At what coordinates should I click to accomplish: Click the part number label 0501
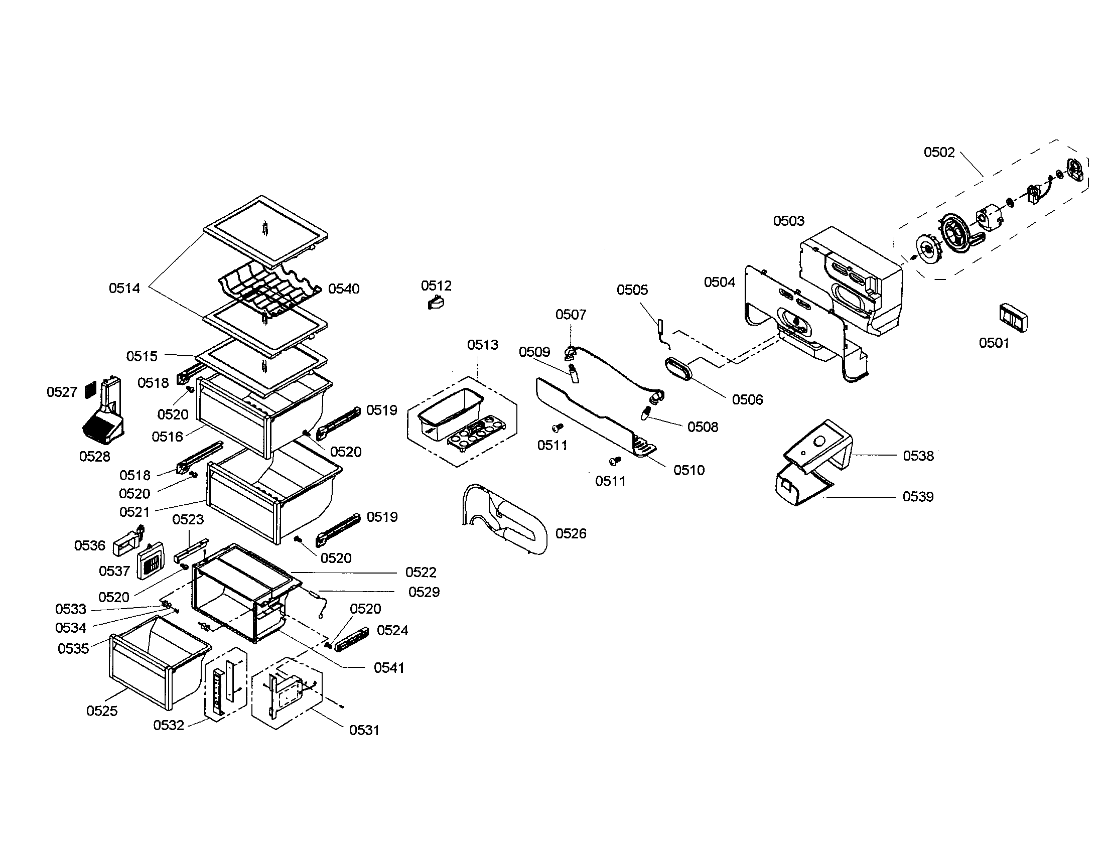coord(993,343)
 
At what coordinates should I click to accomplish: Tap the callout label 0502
coord(939,152)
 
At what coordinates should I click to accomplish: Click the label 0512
coord(436,286)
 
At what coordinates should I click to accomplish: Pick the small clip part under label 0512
coord(435,303)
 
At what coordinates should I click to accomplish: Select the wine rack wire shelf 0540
coord(270,292)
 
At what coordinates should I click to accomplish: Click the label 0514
coord(124,288)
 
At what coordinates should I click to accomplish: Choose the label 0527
coord(62,392)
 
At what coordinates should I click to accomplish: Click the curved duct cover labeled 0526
coord(505,520)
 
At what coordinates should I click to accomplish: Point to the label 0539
coord(917,496)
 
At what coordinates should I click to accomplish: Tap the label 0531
coord(364,730)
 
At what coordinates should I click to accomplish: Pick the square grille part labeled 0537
coord(150,562)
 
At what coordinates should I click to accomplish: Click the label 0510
coord(688,470)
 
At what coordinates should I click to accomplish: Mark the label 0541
coord(389,667)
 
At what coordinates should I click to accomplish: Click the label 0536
coord(89,545)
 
